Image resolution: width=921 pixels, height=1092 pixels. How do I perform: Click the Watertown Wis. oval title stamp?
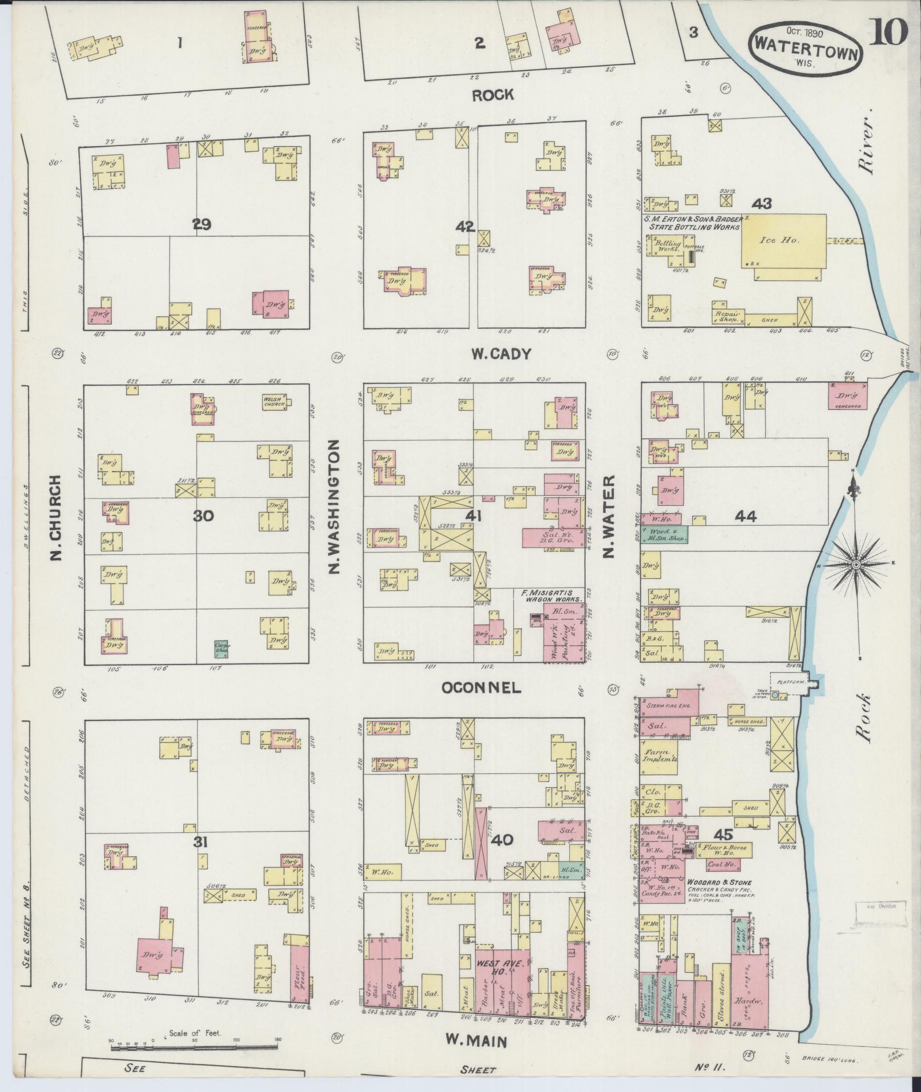pyautogui.click(x=805, y=49)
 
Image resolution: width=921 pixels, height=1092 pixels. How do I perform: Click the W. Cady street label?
pyautogui.click(x=501, y=354)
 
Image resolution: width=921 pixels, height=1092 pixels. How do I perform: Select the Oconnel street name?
pyautogui.click(x=481, y=688)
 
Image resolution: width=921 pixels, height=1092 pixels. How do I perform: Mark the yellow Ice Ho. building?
pyautogui.click(x=783, y=241)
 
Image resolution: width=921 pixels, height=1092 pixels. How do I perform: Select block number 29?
pyautogui.click(x=202, y=225)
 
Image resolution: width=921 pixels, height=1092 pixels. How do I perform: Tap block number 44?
pyautogui.click(x=746, y=517)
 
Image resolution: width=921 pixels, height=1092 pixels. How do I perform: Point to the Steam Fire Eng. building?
pyautogui.click(x=669, y=706)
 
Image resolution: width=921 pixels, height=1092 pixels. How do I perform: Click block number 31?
pyautogui.click(x=201, y=842)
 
